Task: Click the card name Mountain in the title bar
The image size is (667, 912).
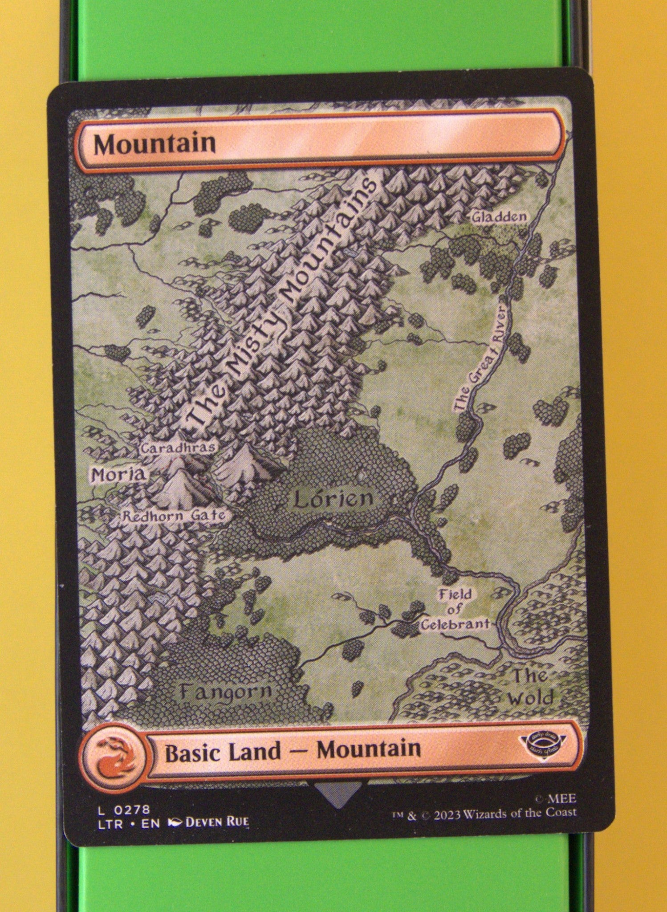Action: coord(155,144)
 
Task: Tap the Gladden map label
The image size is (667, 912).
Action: coord(499,217)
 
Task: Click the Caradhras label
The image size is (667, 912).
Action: coord(178,448)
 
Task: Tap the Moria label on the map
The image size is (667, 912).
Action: coord(118,475)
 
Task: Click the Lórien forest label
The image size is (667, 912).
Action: coord(333,499)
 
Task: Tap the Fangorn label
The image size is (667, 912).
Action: coord(226,691)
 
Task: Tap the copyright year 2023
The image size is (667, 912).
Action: coord(448,813)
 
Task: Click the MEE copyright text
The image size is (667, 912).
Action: coord(562,798)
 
